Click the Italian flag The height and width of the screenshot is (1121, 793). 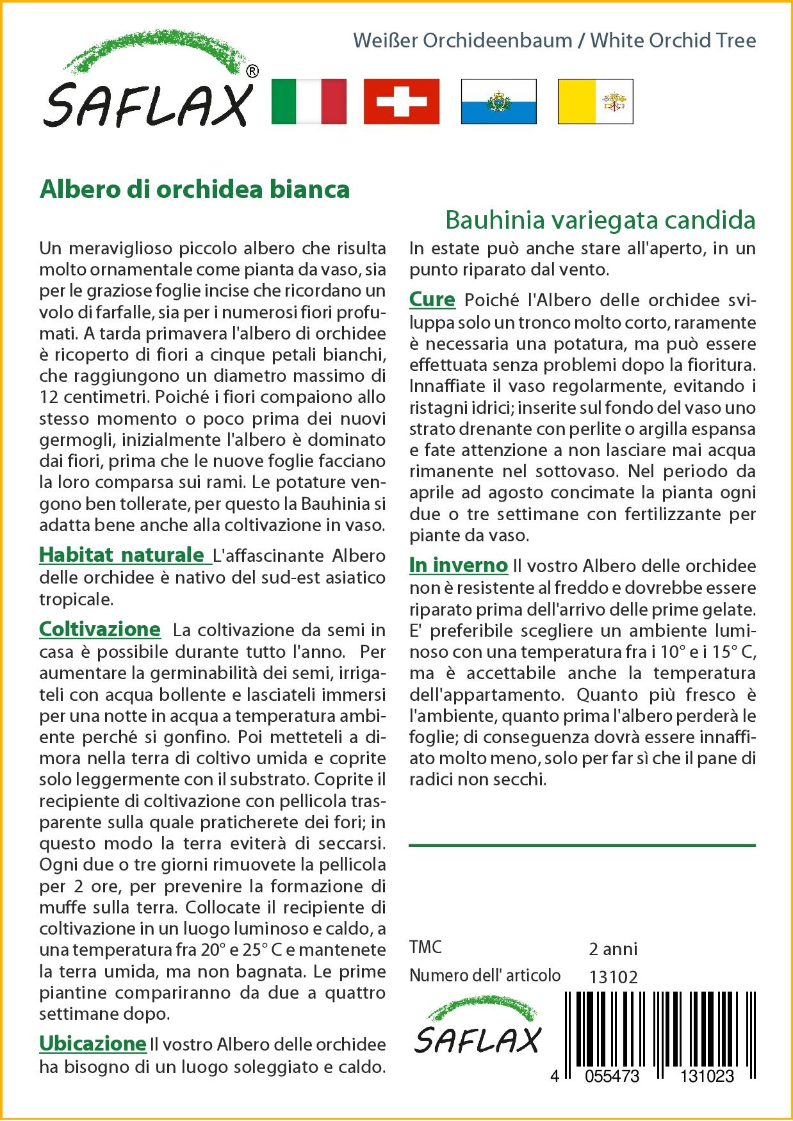[x=309, y=101]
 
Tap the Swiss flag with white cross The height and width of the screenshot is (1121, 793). [x=402, y=101]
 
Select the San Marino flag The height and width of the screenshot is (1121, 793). [x=498, y=101]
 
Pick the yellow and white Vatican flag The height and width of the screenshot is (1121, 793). [x=595, y=101]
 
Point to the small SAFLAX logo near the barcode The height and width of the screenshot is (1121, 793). [x=477, y=1029]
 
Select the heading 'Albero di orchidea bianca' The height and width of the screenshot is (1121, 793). [x=195, y=190]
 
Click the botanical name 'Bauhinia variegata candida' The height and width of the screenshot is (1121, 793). [x=600, y=220]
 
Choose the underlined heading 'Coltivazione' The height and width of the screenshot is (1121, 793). [x=100, y=629]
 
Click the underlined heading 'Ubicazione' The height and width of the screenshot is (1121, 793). [x=93, y=1043]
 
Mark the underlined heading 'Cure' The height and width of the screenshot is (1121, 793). [x=432, y=300]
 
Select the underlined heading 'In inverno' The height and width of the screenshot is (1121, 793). [x=459, y=565]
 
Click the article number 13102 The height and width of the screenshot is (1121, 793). [x=613, y=977]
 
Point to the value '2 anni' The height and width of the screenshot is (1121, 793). [x=613, y=949]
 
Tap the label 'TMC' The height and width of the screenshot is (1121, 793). [x=425, y=947]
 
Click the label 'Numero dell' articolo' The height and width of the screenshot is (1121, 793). [x=485, y=976]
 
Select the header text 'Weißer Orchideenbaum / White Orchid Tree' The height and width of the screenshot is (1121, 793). [x=555, y=40]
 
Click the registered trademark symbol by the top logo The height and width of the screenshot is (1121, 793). [x=252, y=72]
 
